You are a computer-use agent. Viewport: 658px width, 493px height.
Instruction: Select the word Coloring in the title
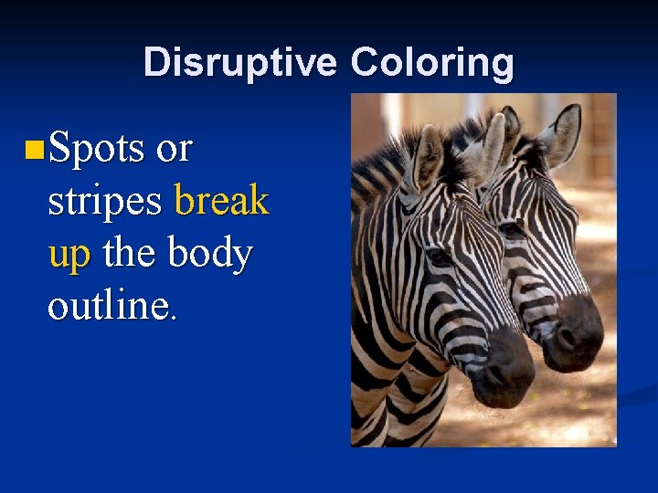[x=431, y=63]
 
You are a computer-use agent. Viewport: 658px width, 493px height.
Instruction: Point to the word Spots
[x=96, y=147]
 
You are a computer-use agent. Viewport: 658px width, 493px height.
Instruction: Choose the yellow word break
[x=220, y=200]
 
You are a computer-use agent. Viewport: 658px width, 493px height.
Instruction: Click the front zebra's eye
[x=439, y=256]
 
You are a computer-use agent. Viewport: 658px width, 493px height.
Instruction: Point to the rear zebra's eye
[x=511, y=229]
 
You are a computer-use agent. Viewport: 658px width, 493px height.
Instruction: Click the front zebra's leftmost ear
[x=426, y=155]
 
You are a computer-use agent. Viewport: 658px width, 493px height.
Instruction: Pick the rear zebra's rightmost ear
[x=563, y=132]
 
